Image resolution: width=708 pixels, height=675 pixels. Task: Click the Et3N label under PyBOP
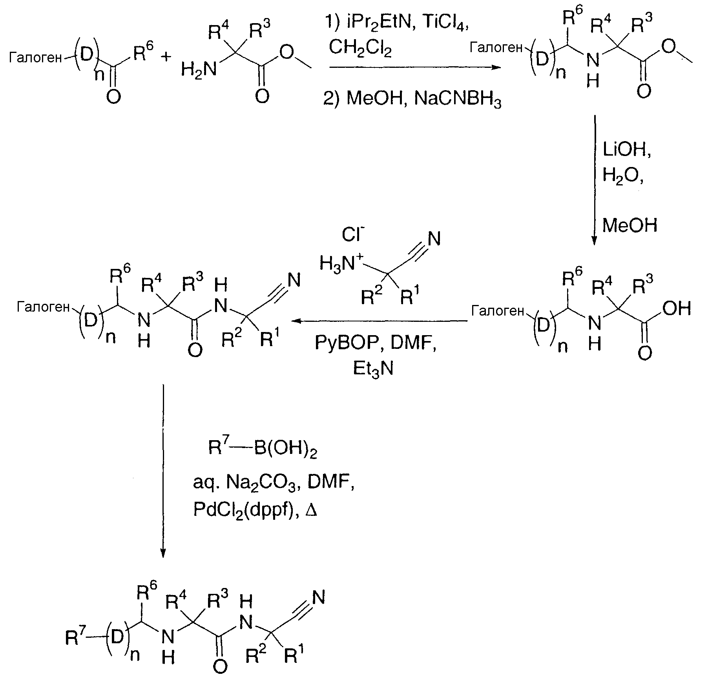tap(373, 369)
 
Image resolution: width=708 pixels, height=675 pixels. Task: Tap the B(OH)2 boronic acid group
tap(285, 448)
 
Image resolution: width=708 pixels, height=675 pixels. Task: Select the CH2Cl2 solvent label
tap(360, 48)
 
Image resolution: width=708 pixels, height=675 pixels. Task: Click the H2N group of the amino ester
tap(199, 70)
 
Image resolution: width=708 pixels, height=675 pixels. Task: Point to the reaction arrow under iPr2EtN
tap(415, 67)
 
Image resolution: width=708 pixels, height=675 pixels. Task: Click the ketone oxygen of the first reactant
tap(113, 96)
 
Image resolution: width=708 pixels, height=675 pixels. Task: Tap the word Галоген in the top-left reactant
tap(35, 58)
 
